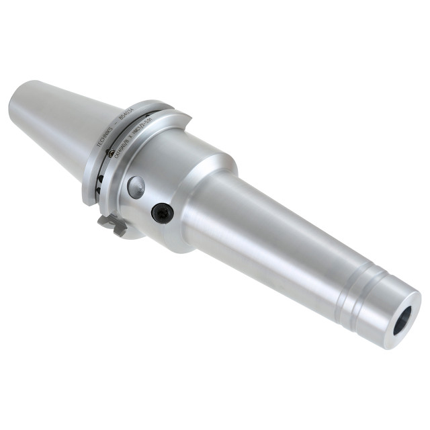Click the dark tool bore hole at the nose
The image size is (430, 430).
405,319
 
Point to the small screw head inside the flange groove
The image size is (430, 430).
99,179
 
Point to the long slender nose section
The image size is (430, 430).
282,242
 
